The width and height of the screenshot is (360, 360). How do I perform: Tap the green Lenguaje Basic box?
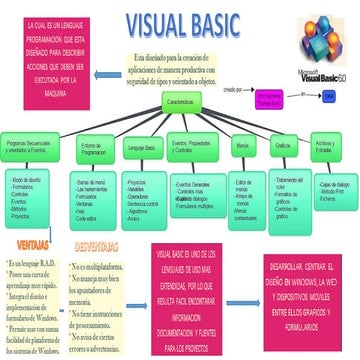142,147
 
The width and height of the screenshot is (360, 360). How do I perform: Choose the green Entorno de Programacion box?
92,147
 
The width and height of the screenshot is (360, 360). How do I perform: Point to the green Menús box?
243,147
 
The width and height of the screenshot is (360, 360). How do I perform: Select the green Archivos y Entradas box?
326,147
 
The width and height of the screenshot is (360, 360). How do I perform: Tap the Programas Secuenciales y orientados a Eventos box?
32,147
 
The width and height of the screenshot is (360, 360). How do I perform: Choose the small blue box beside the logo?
329,94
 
